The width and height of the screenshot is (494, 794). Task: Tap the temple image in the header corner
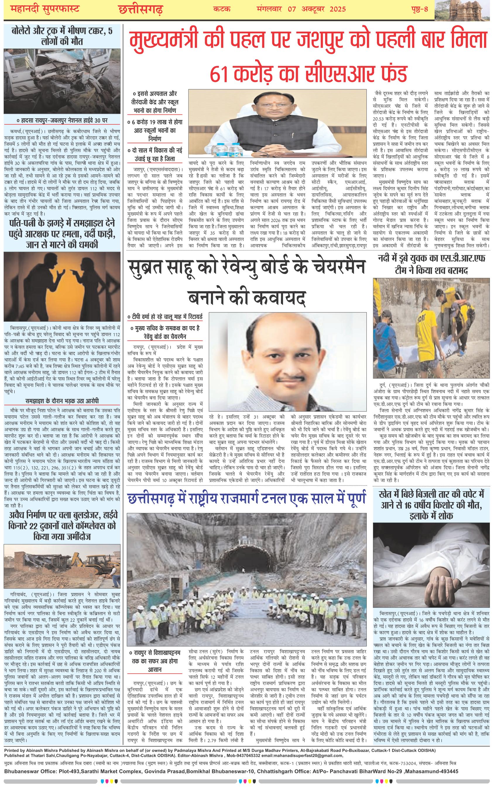pos(464,9)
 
